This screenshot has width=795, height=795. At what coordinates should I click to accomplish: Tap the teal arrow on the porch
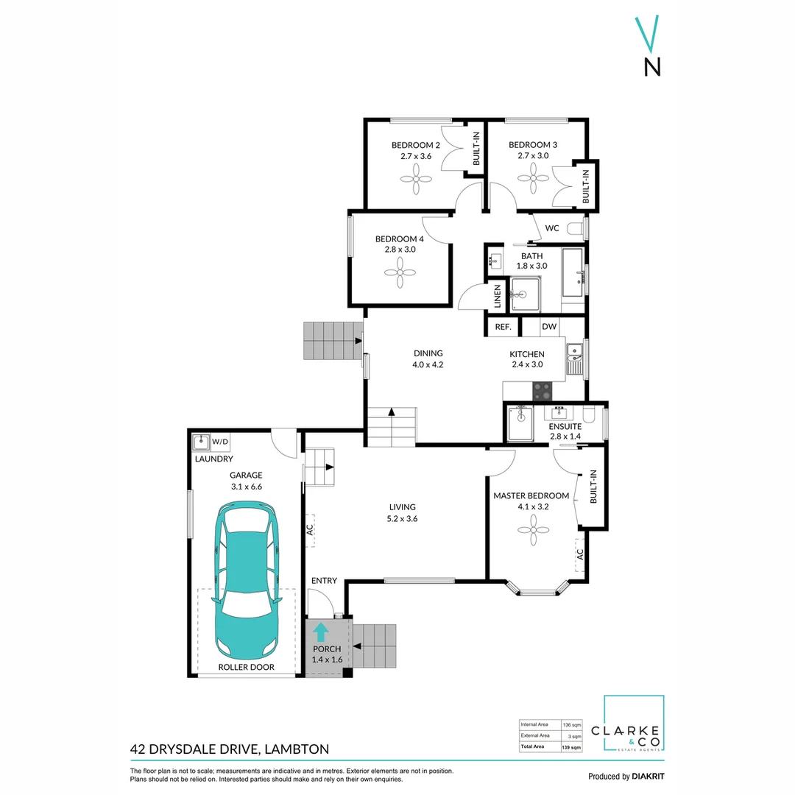[x=321, y=632]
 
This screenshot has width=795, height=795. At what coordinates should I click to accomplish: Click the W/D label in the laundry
[x=220, y=442]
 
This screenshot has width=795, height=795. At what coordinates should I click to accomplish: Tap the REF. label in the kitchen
[x=503, y=327]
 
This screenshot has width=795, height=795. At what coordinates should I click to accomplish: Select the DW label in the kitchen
[x=549, y=327]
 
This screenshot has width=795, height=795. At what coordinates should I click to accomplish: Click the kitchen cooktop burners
[x=542, y=389]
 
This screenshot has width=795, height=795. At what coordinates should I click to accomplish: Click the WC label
[x=552, y=228]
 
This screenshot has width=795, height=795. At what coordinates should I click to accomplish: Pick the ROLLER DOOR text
[x=247, y=667]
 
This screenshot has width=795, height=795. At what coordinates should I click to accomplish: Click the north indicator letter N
[x=651, y=67]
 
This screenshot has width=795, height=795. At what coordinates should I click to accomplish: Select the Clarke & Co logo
[x=634, y=725]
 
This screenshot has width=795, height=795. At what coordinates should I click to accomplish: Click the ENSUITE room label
[x=565, y=426]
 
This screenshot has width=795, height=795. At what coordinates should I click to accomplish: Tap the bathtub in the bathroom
[x=572, y=272]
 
